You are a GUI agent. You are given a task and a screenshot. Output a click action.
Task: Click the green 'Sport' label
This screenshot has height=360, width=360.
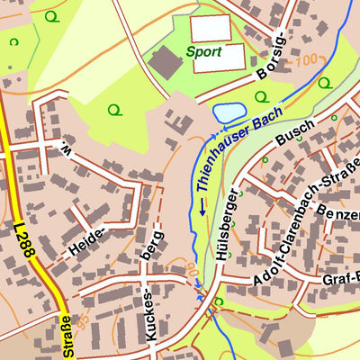pyautogui.click(x=203, y=52)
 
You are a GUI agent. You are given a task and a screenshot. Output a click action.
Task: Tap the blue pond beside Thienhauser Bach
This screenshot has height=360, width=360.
pyautogui.click(x=228, y=112)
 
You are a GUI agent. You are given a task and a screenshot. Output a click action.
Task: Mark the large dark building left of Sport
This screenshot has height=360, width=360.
pyautogui.click(x=165, y=62)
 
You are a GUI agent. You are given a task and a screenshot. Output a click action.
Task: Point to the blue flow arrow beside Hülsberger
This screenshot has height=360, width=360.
pyautogui.click(x=203, y=206)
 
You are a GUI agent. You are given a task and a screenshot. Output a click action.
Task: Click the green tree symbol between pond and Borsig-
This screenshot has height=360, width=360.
pyautogui.click(x=261, y=97)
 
